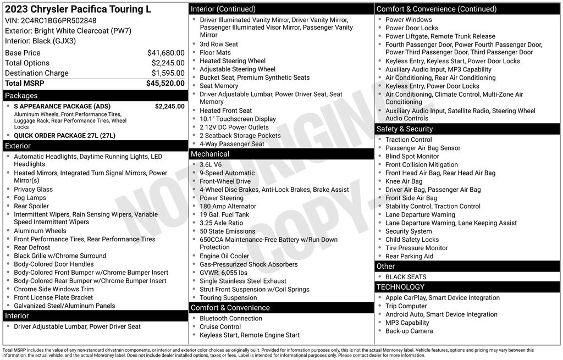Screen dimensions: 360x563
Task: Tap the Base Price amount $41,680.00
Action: coord(165,53)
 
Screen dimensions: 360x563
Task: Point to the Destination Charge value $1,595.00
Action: coord(168,73)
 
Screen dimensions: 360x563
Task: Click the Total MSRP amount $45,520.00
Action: coord(165,84)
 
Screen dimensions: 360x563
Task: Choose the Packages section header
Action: coord(21,96)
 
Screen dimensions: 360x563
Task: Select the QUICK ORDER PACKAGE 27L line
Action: coord(64,135)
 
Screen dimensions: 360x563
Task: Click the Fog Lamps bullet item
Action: coord(30,198)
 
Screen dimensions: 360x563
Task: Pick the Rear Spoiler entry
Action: coord(31,206)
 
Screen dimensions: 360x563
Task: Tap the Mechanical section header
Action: coord(210,154)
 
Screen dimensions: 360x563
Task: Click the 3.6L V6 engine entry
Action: coord(211,164)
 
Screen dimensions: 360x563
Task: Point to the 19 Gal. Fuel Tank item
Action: coord(224,214)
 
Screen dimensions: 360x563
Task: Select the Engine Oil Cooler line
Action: coord(224,256)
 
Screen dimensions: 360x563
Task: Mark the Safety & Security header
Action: coord(405,129)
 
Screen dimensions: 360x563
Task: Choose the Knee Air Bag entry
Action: coord(404,181)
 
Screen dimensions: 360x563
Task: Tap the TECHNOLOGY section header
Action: coord(400,287)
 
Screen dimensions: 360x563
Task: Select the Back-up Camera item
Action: coord(409,331)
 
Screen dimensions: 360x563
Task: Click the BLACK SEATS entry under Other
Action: coord(406,277)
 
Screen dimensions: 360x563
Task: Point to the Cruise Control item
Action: coord(220,326)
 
